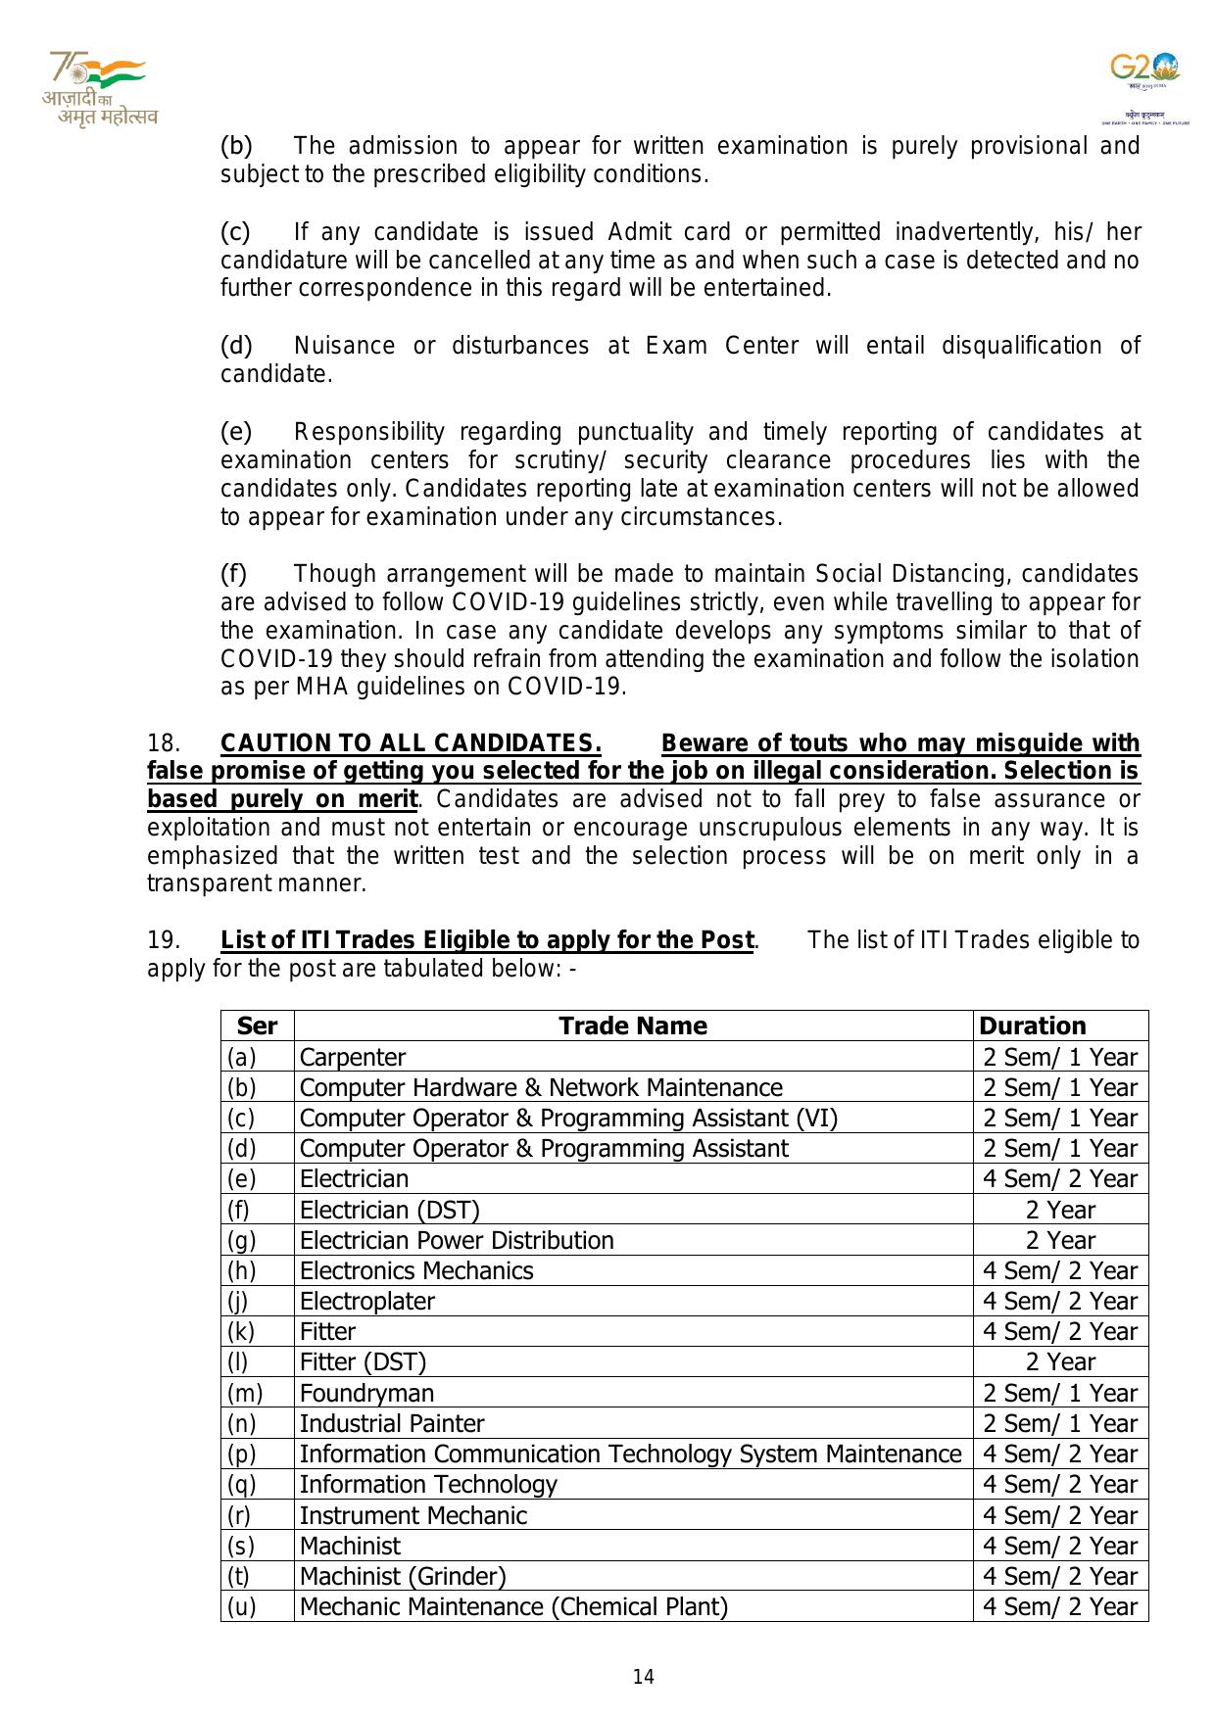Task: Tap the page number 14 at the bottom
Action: point(643,1677)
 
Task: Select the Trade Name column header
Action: point(632,1025)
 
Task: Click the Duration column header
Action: point(1033,1025)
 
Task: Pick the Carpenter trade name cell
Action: point(352,1057)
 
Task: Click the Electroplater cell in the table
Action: point(366,1301)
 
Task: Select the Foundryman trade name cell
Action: point(366,1393)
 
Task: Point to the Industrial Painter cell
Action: point(392,1423)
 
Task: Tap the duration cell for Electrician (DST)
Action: point(1060,1210)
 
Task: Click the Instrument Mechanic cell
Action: point(413,1515)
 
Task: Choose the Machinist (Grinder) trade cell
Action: point(403,1576)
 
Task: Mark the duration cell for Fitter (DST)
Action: point(1060,1361)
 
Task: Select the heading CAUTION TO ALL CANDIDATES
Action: point(411,742)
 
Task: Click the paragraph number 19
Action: point(163,940)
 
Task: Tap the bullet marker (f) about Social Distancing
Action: point(233,573)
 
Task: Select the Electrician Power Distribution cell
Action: point(457,1240)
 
